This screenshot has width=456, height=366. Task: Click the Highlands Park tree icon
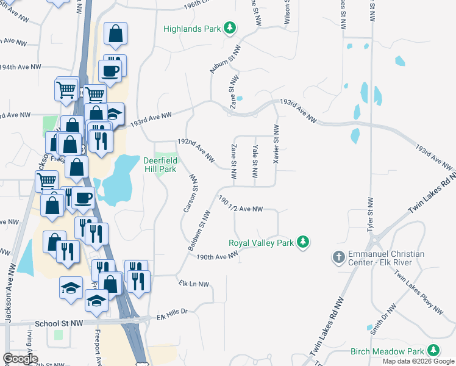230,28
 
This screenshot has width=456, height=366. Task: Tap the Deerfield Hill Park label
160,165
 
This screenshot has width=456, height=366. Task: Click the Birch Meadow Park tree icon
433,351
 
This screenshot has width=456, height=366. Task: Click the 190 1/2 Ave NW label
240,204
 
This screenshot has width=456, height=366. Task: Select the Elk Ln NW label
194,284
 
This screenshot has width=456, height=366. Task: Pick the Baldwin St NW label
198,232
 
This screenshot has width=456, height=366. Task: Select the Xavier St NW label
276,143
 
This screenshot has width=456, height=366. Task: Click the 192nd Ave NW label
196,149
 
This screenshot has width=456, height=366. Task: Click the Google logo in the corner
20,359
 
